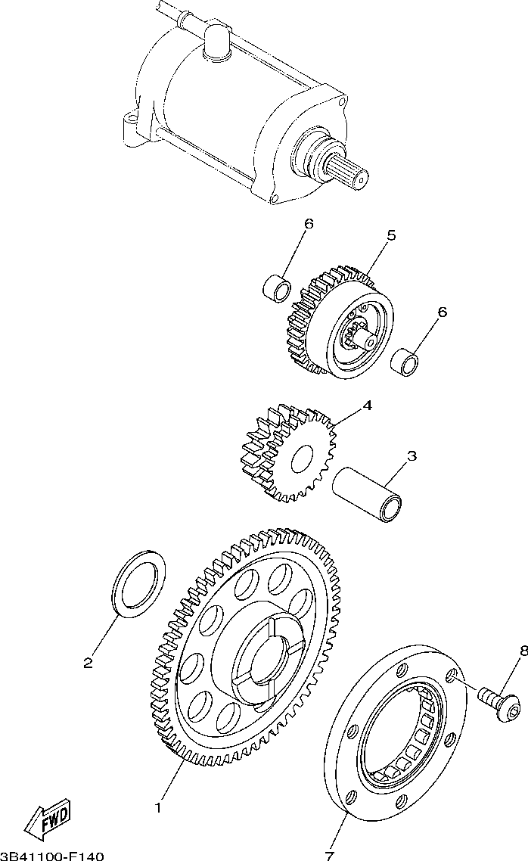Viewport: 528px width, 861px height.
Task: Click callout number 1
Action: point(158,808)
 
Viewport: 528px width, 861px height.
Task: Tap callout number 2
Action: point(88,664)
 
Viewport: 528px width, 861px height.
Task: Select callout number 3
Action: point(412,456)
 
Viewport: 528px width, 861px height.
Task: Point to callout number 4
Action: point(367,406)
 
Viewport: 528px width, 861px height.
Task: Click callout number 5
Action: point(391,236)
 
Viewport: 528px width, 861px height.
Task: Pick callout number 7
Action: point(329,856)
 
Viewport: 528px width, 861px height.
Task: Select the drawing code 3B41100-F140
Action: point(51,856)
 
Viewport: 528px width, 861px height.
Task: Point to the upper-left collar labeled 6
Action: point(277,288)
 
